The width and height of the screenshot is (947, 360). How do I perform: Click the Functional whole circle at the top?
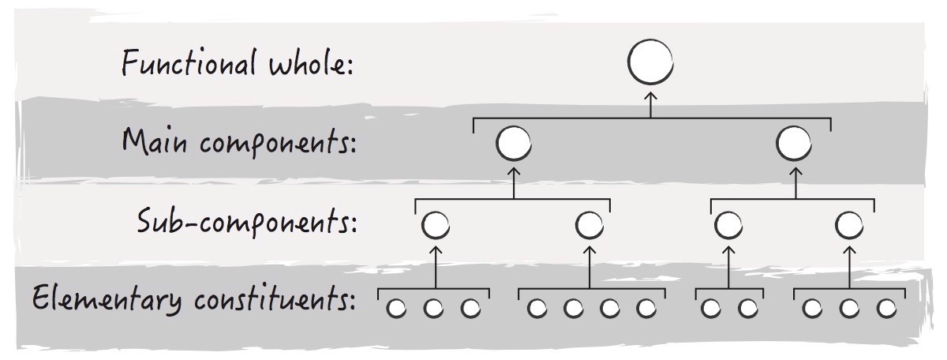651,62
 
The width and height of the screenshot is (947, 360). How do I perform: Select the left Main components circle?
514,144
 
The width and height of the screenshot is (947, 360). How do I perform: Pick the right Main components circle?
794,144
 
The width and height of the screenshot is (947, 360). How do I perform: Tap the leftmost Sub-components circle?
435,226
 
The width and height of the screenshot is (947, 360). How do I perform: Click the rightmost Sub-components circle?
848,226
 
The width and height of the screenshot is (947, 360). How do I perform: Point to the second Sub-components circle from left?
590,226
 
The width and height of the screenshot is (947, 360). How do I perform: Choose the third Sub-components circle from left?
728,226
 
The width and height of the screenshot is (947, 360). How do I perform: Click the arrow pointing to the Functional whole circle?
651,102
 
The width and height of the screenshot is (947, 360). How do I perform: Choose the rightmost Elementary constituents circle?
886,308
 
